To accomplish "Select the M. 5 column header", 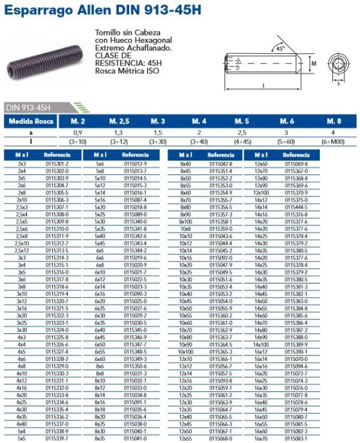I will point(242,121).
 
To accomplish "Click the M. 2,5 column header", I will point(119,121).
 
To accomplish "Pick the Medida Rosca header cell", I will point(30,121).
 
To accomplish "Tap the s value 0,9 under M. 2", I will point(78,132).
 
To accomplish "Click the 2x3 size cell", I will point(22,164).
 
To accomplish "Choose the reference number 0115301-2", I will point(58,164).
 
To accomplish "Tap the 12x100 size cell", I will point(261,192).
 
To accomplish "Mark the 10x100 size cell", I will point(185,351).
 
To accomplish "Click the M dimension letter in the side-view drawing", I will point(313,62).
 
